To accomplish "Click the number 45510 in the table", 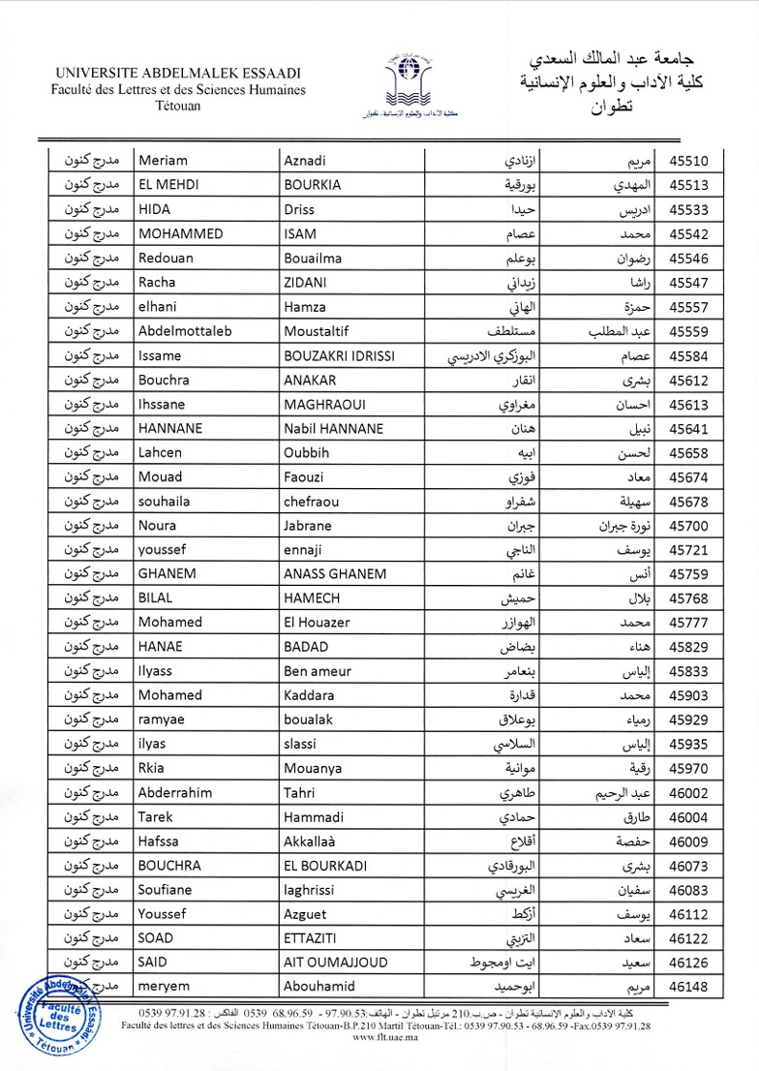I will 689,161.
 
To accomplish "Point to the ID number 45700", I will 689,526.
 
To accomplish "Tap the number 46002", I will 689,769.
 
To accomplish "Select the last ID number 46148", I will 689,987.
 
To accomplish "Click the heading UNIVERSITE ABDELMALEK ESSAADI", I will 178,74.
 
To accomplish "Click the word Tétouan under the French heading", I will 178,105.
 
